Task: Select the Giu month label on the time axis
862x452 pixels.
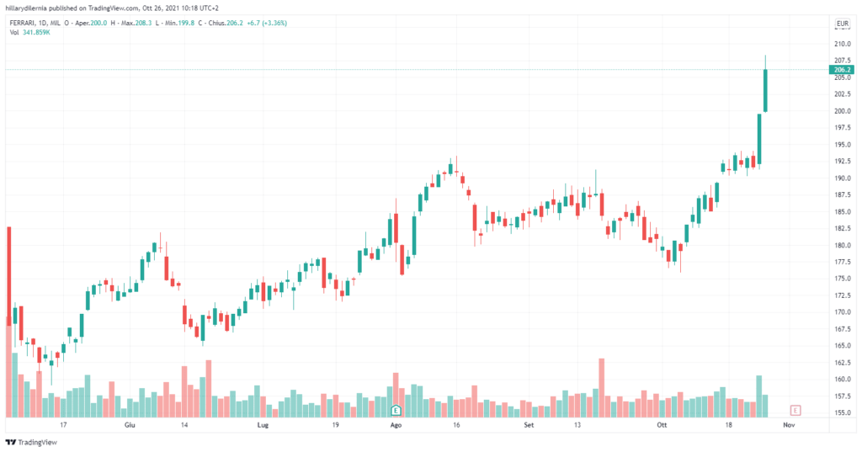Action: coord(129,426)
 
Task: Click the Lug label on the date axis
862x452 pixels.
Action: coord(263,426)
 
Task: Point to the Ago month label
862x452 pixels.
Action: coord(396,426)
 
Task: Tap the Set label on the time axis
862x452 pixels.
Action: coord(529,426)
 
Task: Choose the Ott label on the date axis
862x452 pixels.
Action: coord(662,426)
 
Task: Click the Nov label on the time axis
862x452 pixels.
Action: coord(789,426)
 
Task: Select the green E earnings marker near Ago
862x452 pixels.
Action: coord(396,410)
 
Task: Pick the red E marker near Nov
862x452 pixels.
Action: coord(795,410)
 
